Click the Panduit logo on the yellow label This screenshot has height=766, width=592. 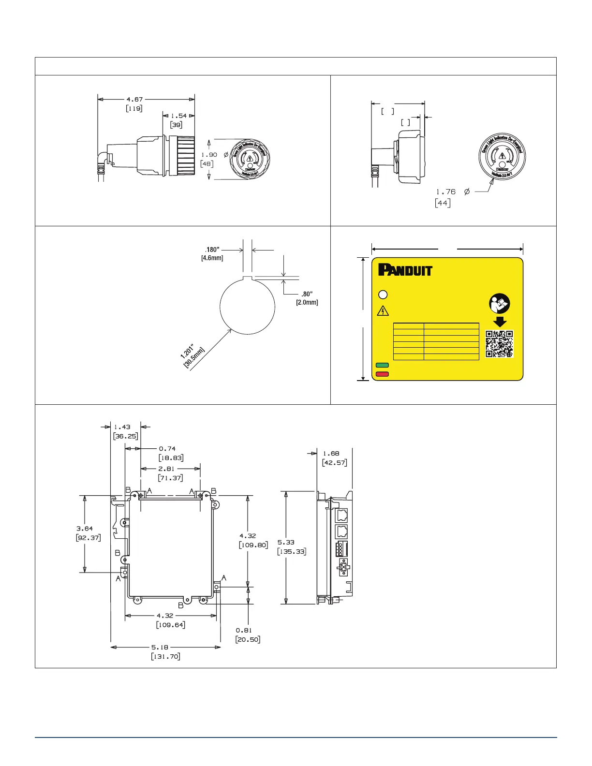[405, 270]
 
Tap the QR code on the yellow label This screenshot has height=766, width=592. [499, 344]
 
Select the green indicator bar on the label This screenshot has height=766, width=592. [382, 366]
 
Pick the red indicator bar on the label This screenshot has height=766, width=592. [382, 374]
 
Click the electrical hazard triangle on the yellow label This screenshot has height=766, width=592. [383, 310]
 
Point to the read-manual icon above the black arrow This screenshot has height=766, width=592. [499, 303]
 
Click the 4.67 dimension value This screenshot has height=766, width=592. [134, 100]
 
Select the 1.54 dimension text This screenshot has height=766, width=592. [178, 116]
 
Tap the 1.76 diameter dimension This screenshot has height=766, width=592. [445, 192]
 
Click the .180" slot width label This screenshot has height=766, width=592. [212, 250]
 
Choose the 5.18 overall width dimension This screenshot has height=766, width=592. [160, 647]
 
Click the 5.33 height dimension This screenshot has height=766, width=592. [286, 542]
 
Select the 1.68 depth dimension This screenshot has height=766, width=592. [331, 454]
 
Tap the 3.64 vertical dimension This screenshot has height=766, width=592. [85, 529]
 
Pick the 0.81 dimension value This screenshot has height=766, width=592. [244, 630]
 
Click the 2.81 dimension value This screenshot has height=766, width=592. [166, 469]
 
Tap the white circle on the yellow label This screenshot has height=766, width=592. [382, 295]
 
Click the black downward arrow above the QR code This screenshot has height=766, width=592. [499, 322]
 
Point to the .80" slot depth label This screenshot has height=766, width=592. [307, 294]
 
